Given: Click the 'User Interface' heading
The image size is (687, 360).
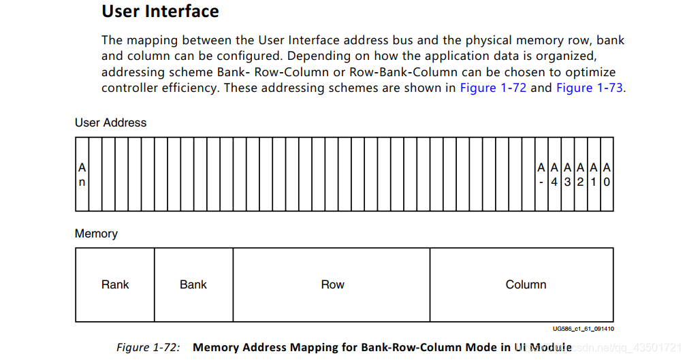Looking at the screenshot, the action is click(x=161, y=12).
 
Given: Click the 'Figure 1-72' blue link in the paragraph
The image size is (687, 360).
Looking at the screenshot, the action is click(x=493, y=88).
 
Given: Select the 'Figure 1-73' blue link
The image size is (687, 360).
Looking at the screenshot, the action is click(x=590, y=88).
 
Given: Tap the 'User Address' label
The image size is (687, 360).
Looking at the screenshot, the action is click(x=110, y=122).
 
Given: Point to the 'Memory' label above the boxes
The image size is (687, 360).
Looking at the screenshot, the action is click(x=96, y=233).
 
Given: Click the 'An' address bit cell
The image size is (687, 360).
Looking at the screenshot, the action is click(x=82, y=174).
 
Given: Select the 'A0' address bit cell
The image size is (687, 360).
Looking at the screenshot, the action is click(x=607, y=174).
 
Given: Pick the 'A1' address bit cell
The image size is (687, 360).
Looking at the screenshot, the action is click(x=594, y=174).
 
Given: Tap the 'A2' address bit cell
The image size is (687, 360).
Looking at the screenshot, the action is click(x=581, y=174).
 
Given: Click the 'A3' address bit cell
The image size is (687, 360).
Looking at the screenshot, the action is click(x=567, y=174).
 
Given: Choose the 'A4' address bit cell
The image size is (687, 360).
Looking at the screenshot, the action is click(x=554, y=174).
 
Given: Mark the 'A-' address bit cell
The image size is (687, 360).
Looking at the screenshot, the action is click(x=541, y=174).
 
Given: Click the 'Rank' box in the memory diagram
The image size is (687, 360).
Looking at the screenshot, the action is click(x=115, y=284).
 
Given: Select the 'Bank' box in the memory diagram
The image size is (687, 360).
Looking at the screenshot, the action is click(x=193, y=284).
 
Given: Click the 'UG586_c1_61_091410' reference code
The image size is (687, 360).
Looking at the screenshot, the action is click(x=583, y=329).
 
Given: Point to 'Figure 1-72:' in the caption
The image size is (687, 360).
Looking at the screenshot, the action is click(x=148, y=347).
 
